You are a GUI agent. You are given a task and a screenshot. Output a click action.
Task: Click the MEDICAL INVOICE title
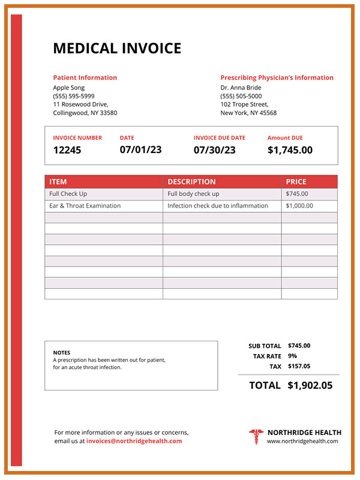(x=117, y=49)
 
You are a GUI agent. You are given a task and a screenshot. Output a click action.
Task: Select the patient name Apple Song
(x=69, y=88)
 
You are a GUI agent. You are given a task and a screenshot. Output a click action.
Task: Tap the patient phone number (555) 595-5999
(x=74, y=96)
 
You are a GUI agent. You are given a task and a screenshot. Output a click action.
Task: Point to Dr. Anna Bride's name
(x=241, y=88)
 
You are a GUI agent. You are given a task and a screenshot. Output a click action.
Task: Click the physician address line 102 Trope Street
(x=244, y=104)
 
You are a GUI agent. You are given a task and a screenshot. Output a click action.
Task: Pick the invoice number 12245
(x=67, y=150)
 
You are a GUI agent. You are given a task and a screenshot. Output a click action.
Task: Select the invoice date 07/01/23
(x=140, y=149)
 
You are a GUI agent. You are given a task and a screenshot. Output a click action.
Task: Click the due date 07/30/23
(x=214, y=150)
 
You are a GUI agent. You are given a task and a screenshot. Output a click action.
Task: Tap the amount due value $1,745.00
(x=290, y=150)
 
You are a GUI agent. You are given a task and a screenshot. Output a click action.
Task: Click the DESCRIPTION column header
(x=191, y=182)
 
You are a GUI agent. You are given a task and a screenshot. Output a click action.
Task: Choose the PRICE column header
(x=296, y=182)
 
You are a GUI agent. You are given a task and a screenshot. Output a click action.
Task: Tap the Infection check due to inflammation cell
(x=217, y=206)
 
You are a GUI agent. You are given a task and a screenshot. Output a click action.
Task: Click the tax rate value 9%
(x=292, y=356)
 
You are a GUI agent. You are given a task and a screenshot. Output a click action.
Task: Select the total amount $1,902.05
(x=310, y=385)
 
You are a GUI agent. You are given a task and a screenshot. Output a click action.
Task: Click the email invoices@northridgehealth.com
(x=134, y=441)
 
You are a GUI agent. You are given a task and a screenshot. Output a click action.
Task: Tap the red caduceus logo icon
(x=256, y=436)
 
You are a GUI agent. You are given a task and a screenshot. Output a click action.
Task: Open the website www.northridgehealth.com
(x=302, y=442)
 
